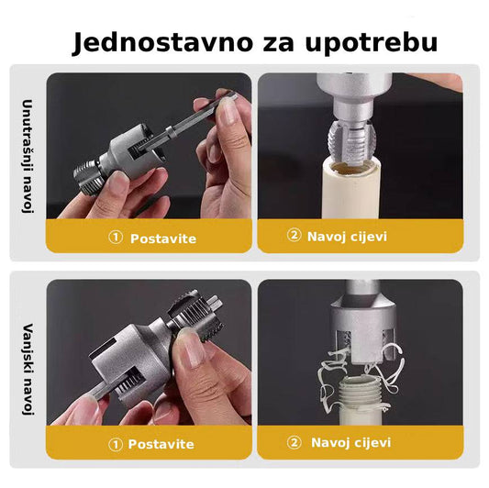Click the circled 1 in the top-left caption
[x=115, y=238]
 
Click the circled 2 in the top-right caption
[x=294, y=236]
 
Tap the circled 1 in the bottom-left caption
[x=115, y=444]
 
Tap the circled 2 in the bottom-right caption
[x=294, y=442]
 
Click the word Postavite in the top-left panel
[x=162, y=238]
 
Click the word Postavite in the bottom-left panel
[x=162, y=445]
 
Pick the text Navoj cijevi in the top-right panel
[x=348, y=237]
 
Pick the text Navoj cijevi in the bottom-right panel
[x=350, y=443]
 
